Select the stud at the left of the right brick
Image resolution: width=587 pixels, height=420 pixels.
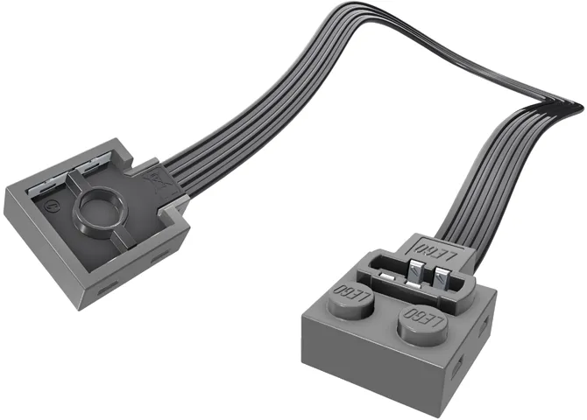(x=349, y=295)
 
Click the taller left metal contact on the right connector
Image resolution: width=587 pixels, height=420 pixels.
(x=416, y=271)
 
